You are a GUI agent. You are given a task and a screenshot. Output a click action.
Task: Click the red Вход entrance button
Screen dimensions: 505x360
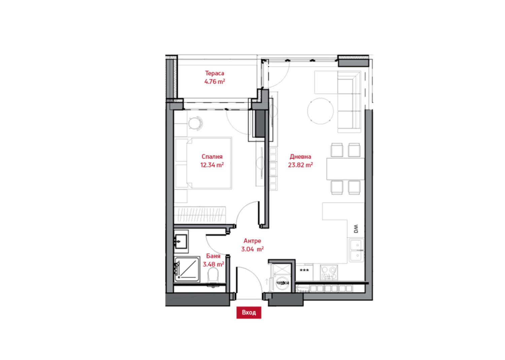(249, 313)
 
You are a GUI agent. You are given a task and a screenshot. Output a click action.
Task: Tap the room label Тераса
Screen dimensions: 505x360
(214, 73)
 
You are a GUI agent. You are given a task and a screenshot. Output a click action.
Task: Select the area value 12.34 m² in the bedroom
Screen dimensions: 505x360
(212, 165)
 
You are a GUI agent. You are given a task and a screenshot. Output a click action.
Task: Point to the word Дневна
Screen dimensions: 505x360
(300, 157)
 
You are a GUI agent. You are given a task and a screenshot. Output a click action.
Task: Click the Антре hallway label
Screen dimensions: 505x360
(252, 241)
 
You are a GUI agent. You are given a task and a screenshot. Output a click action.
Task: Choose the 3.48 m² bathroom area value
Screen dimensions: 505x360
(213, 264)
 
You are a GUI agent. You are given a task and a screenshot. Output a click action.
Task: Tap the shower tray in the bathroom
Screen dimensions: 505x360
(187, 269)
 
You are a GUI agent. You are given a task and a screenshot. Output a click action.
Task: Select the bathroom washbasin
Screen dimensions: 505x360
(181, 241)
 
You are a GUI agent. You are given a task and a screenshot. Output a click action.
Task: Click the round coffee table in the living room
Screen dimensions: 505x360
(321, 111)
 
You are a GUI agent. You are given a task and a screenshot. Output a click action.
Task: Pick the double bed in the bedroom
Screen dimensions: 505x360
(203, 163)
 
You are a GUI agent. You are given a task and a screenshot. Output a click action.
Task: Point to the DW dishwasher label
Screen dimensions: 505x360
(356, 229)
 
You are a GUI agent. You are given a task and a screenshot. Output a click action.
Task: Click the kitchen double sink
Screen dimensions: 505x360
(357, 250)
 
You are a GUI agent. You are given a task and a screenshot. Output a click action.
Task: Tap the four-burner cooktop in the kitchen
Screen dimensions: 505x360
(329, 272)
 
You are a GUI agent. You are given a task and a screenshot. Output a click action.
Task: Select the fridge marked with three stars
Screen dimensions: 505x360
(304, 272)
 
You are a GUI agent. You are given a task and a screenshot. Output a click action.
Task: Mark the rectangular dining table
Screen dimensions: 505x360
(345, 169)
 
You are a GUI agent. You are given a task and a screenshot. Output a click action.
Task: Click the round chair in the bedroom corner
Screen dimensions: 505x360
(196, 123)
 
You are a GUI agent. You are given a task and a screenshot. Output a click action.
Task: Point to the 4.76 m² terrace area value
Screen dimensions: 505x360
(215, 81)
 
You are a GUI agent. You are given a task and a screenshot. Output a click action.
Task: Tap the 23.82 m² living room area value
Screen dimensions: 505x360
(300, 165)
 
